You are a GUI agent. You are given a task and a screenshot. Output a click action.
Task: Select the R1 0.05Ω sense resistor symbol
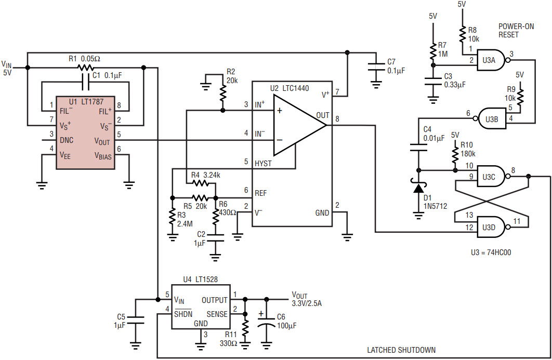pos(85,68)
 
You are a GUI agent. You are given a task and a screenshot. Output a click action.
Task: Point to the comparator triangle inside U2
pos(299,125)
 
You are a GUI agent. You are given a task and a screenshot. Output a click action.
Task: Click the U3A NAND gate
pos(492,60)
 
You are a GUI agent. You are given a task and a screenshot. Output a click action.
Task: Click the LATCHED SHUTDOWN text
pos(401,350)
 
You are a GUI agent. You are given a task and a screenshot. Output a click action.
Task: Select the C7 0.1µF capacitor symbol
pos(375,66)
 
